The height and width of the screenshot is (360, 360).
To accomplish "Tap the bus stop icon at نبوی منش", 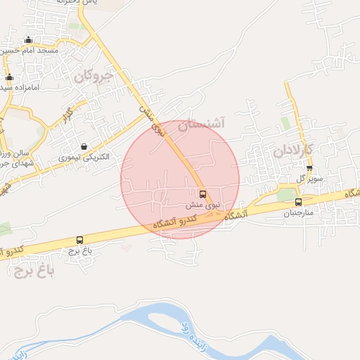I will point(203,194).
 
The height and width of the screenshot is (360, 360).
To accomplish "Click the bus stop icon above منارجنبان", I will point(298,202).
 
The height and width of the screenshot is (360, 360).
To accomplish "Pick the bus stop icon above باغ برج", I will point(79,240).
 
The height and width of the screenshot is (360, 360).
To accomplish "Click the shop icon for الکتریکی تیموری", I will point(84,146).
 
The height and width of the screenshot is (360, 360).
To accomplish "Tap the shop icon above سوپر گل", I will point(309,167).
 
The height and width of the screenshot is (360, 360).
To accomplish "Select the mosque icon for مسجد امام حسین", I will point(28,40).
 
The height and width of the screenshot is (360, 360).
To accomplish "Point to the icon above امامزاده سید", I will point(9,77).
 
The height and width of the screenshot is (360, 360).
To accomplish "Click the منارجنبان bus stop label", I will point(301,212).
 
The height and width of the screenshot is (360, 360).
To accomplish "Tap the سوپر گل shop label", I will point(309,179).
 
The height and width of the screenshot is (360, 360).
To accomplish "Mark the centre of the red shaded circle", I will point(180,180).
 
